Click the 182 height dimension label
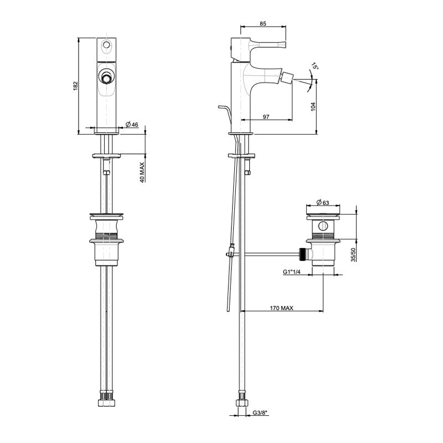(76, 86)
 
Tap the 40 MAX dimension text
(142, 172)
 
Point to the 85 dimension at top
(264, 23)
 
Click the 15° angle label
(315, 66)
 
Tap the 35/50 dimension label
(353, 254)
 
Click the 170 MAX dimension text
(282, 307)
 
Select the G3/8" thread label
(261, 412)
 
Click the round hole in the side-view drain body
(322, 227)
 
